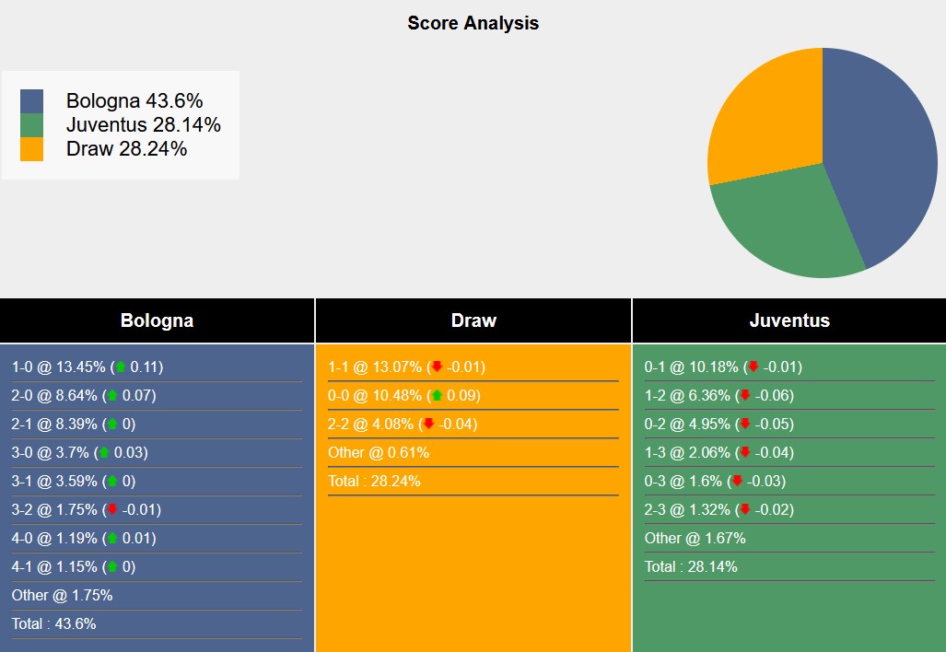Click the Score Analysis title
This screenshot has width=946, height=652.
(473, 23)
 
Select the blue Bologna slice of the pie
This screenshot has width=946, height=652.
(884, 147)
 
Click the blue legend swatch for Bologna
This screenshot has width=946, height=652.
(31, 101)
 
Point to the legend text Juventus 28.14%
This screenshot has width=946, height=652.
(143, 125)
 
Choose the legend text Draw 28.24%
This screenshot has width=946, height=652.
(126, 149)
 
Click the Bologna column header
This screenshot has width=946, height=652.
(157, 320)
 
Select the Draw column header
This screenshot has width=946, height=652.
(473, 320)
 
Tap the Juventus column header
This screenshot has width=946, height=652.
(789, 320)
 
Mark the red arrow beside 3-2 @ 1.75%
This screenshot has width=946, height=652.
(112, 509)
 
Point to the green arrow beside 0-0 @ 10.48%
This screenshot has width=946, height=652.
(437, 395)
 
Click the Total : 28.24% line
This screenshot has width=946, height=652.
(374, 481)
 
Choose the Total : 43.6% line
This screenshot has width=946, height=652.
(53, 623)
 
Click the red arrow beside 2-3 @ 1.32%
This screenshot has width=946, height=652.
(745, 509)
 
